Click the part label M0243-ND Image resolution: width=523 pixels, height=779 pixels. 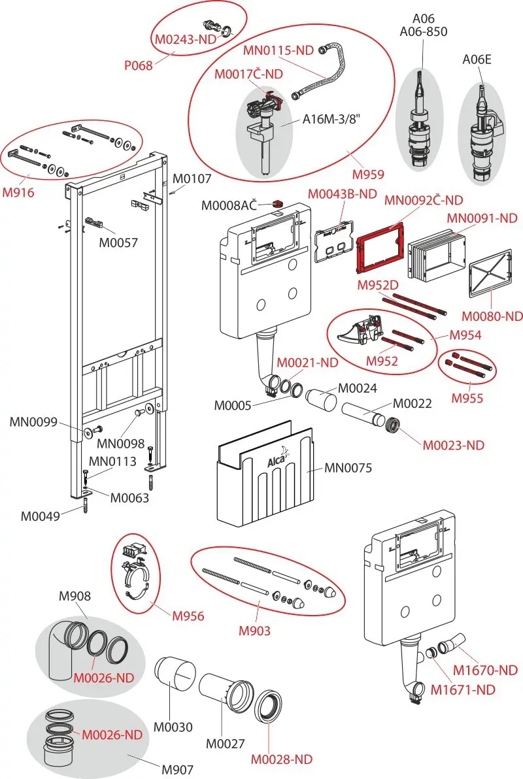point(186,39)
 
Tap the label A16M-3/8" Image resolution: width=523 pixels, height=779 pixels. point(331,119)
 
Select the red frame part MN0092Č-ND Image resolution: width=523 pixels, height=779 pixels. point(380,248)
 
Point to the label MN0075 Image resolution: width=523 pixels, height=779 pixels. point(348,467)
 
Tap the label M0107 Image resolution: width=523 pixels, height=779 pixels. point(192,178)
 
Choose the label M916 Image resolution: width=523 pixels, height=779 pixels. point(18,192)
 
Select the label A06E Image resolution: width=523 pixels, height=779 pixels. point(477,59)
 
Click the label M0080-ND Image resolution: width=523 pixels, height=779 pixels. point(492,316)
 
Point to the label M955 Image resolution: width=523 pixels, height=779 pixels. point(467,398)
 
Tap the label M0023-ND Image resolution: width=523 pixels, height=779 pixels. point(454,445)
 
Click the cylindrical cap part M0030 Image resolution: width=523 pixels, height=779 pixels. point(175,676)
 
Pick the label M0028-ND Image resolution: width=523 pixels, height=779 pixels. point(281,759)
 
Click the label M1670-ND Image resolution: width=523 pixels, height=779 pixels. point(485,671)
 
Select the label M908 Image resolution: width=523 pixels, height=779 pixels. point(75,595)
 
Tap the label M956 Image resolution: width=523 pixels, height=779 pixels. point(188,616)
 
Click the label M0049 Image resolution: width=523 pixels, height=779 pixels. point(40,516)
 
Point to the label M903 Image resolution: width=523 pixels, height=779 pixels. point(254,631)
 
